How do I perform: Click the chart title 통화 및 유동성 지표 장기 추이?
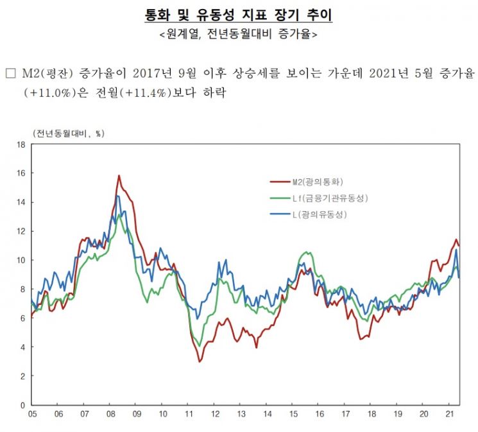[239, 15]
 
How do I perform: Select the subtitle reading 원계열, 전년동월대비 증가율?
[239, 34]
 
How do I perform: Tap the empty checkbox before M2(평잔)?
[10, 73]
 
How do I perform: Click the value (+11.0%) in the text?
[50, 92]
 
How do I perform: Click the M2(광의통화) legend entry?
[307, 182]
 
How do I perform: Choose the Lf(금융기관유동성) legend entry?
[319, 198]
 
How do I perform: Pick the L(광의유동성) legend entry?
[309, 214]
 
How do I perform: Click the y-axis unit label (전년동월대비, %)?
[68, 134]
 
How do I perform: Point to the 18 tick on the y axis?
[21, 144]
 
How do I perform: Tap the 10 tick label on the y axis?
[21, 260]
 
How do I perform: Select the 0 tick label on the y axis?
[23, 405]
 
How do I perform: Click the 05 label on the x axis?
[32, 414]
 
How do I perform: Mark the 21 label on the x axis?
[450, 414]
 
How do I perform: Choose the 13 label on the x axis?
[241, 414]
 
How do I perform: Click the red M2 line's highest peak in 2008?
[119, 175]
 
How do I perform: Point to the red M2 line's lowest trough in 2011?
[200, 362]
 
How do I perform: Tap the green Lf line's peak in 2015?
[307, 252]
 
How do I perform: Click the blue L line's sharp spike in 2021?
[456, 250]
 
